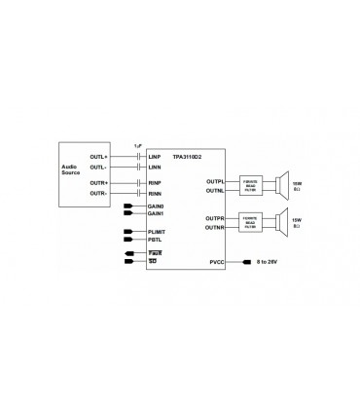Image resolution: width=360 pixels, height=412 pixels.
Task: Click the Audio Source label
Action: (x=71, y=171)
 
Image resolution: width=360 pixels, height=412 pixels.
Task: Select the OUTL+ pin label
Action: (x=99, y=157)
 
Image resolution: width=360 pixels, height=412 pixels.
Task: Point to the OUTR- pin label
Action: (x=99, y=193)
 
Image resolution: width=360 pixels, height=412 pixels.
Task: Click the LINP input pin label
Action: (x=155, y=157)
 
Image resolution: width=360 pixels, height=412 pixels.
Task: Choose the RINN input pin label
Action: (x=155, y=193)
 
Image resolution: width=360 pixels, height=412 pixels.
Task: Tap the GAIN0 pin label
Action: (x=157, y=206)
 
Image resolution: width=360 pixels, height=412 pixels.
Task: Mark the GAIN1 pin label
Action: (x=157, y=213)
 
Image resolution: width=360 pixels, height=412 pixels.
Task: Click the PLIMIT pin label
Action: (x=158, y=231)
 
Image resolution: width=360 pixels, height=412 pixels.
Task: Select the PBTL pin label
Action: (x=156, y=239)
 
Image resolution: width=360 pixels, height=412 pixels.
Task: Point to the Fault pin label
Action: (x=155, y=253)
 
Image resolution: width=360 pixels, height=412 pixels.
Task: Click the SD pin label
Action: (x=153, y=261)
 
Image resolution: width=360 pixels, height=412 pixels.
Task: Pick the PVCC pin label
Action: (x=216, y=262)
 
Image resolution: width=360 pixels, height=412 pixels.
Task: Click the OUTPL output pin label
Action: (x=215, y=181)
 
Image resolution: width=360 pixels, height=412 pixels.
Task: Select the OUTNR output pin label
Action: (x=215, y=227)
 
